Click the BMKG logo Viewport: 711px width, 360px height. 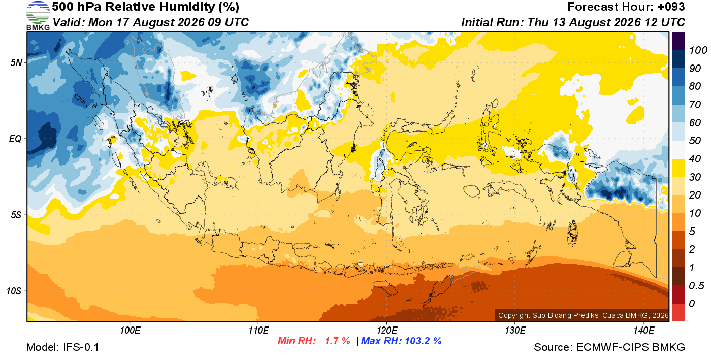38,16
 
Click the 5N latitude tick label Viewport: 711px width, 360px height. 16,62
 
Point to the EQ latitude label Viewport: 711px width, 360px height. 15,139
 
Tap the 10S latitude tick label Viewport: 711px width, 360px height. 14,291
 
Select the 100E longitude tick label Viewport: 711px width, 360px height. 130,331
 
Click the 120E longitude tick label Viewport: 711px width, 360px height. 387,331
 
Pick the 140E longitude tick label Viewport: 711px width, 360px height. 644,331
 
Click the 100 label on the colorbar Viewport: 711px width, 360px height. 698,50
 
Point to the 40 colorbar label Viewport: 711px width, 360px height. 695,159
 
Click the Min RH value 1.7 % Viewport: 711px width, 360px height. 337,341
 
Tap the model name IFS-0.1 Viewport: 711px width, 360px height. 81,347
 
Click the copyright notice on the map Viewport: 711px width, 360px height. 583,315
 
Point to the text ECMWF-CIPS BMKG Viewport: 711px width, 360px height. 630,347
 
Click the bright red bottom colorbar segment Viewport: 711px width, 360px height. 678,312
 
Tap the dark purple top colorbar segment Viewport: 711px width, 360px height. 678,41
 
